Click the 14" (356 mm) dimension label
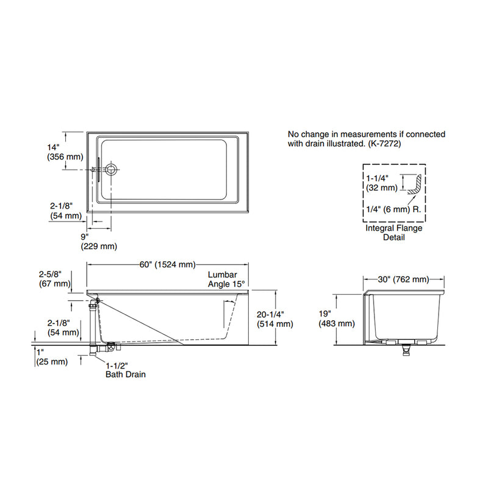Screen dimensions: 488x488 click(64, 152)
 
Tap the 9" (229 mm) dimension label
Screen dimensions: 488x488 click(98, 241)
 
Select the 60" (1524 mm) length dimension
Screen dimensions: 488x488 click(167, 264)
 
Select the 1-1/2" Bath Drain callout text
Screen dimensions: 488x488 click(124, 370)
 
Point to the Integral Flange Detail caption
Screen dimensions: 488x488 click(393, 232)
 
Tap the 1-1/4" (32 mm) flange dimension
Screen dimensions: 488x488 click(381, 184)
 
